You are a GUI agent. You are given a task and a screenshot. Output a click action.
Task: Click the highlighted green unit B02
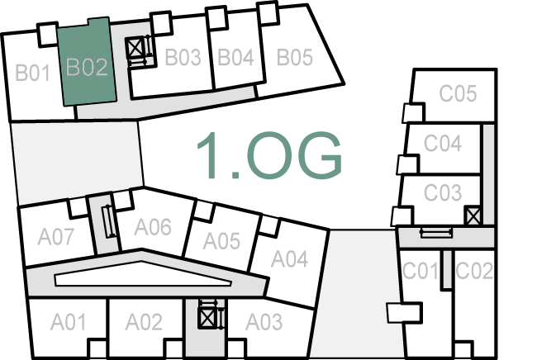[87, 66]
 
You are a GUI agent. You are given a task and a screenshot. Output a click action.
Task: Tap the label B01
[34, 73]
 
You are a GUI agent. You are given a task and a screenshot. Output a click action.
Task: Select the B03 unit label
[183, 58]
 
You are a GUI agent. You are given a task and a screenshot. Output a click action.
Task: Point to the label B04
[235, 58]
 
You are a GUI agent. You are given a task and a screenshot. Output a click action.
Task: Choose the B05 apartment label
[294, 58]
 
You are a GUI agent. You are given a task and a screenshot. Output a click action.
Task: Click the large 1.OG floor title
[268, 154]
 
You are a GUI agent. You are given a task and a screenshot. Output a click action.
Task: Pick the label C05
[458, 93]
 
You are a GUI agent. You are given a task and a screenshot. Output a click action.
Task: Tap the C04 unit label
[442, 144]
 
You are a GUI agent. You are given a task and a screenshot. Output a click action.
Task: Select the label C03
[443, 192]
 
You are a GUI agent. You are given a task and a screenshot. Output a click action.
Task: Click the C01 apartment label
[420, 270]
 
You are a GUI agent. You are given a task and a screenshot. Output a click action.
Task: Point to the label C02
[474, 270]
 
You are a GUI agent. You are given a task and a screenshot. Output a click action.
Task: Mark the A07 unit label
[56, 237]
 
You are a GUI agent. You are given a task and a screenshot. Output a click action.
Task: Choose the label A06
[153, 226]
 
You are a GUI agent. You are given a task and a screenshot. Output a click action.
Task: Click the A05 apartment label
[221, 241]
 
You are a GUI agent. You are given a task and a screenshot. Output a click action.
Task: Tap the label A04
[290, 260]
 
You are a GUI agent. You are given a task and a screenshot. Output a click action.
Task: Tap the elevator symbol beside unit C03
[473, 216]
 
